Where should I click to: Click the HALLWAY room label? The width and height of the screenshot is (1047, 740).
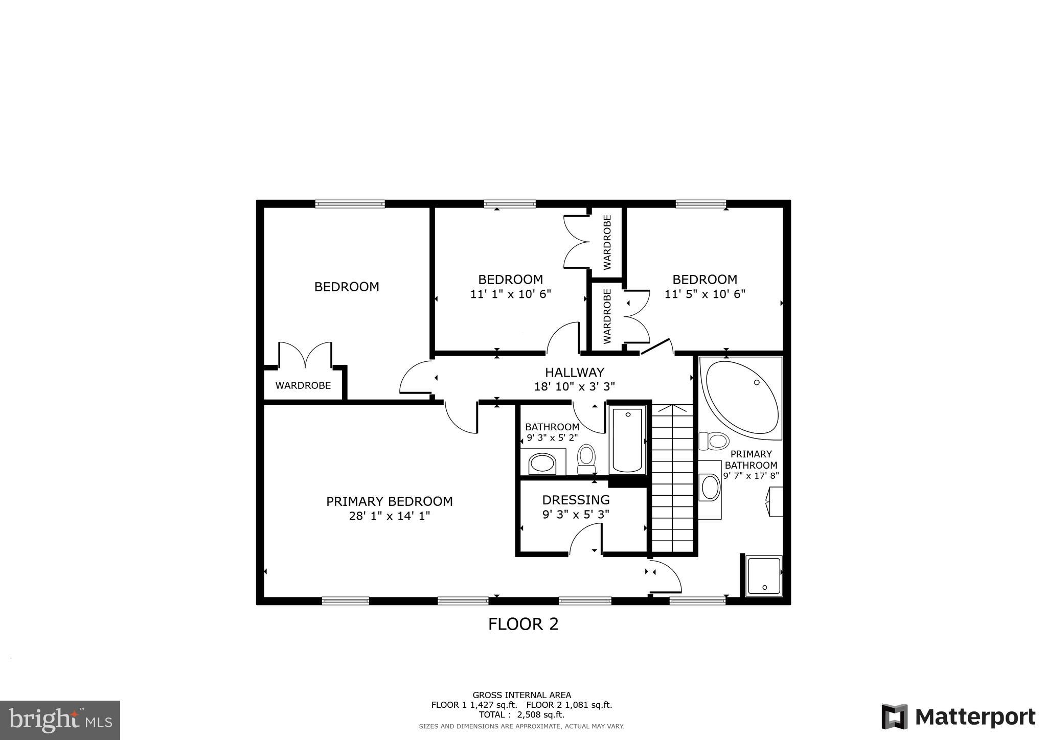coord(574,372)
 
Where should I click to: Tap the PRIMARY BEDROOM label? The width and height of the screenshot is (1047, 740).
coord(390,501)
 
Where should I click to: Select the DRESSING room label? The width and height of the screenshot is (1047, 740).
coord(576,500)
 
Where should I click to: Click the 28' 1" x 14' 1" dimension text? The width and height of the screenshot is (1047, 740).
coord(390,516)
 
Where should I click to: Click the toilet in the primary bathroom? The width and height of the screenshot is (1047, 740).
coord(714,441)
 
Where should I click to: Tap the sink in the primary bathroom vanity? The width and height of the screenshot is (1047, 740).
coord(710,487)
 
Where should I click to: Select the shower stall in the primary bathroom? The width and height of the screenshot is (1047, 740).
coord(764,576)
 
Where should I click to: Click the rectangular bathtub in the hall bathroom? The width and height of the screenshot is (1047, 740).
coord(628,440)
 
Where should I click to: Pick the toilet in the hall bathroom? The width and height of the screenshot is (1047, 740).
coord(586,458)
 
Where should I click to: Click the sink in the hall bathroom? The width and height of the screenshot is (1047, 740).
coord(542,464)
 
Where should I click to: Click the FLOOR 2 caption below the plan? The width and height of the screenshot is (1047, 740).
coord(523,624)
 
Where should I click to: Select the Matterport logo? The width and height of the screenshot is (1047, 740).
coord(958,716)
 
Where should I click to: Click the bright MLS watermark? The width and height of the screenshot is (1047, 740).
coord(60,720)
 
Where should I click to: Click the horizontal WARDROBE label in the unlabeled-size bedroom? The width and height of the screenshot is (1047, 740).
coord(303,385)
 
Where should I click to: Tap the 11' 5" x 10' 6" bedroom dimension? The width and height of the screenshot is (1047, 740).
coord(704,294)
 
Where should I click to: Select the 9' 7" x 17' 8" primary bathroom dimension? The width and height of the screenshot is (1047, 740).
coord(750,476)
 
